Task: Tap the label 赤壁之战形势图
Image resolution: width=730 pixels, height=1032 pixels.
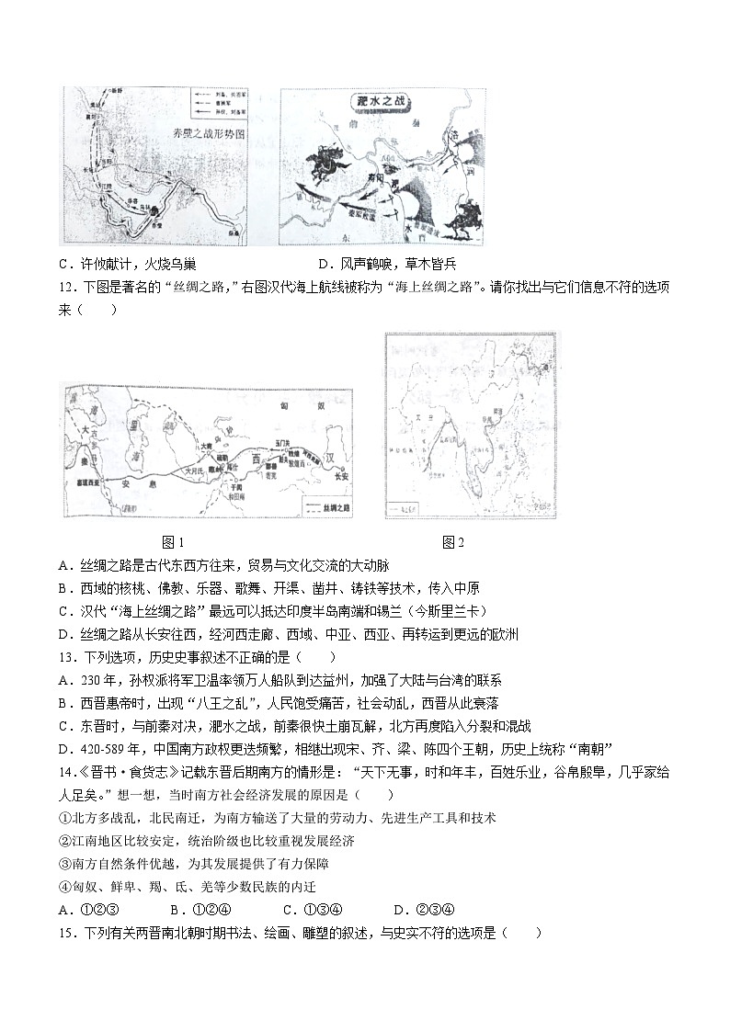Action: click(x=211, y=134)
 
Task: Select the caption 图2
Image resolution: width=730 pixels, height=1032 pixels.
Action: click(x=453, y=542)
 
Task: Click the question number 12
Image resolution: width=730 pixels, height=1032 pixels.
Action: click(x=64, y=287)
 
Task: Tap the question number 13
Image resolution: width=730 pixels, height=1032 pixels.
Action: click(x=64, y=657)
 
